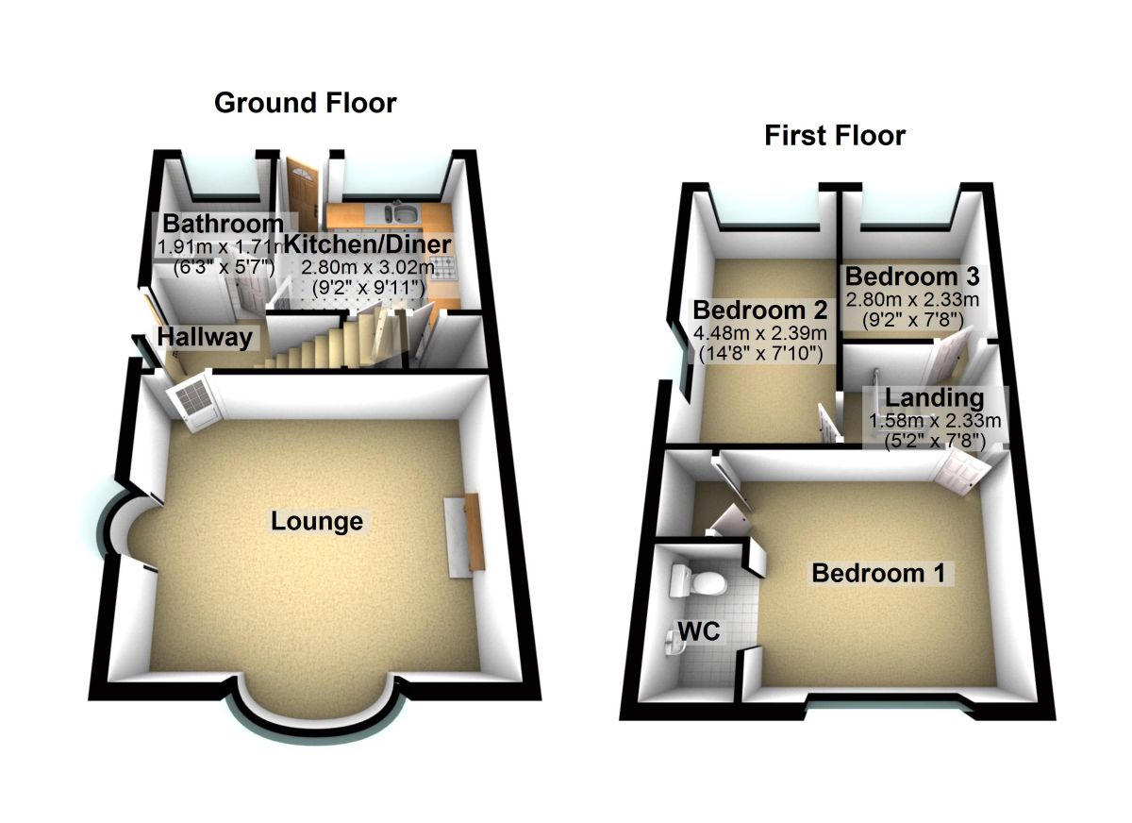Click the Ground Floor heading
pos(306,102)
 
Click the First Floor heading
pos(835,136)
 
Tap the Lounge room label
pos(317,521)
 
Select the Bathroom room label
pos(223,225)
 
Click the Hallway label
pos(206,337)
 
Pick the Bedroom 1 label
pos(878,573)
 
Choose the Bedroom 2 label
pos(760,310)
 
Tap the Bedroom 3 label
pos(912,277)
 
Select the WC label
pos(699,631)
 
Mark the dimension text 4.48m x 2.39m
pos(760,333)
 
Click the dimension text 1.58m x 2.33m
pos(935,421)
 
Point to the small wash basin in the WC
pos(672,645)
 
